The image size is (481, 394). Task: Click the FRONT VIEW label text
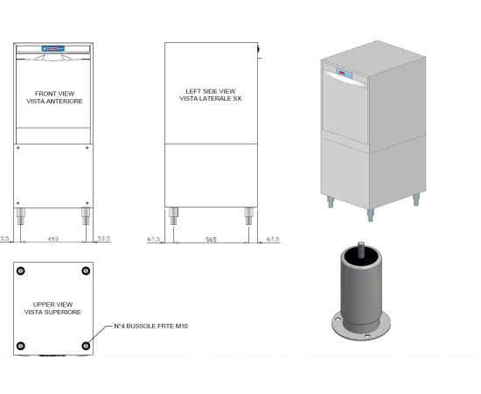[x=54, y=94]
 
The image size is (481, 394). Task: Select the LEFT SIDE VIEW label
[x=211, y=91]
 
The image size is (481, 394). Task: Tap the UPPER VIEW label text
[x=52, y=305]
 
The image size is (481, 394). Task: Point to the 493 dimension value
[x=53, y=239]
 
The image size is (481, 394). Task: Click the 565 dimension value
[x=211, y=239]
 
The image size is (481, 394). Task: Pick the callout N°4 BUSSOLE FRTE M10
[x=150, y=326]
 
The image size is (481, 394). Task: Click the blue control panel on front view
[x=53, y=48]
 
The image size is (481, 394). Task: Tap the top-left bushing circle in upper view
[x=21, y=271]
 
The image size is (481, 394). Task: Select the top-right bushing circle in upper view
[x=86, y=271]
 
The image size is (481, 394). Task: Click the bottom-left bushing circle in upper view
[x=21, y=346]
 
